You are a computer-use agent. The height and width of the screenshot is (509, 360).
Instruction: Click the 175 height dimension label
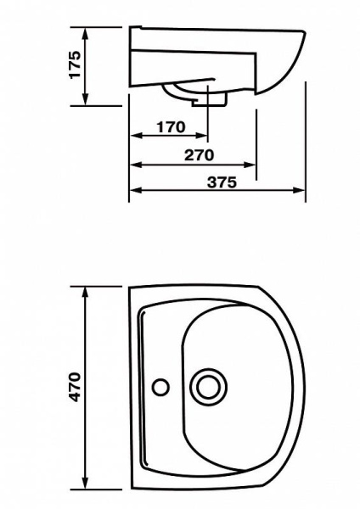pos(75,64)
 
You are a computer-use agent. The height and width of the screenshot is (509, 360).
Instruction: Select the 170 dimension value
pos(171,127)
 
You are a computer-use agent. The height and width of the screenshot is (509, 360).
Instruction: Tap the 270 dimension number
pos(200,155)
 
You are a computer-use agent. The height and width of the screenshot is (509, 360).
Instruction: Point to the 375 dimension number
pos(222,182)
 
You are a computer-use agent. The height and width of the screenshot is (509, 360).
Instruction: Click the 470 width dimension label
pos(75,388)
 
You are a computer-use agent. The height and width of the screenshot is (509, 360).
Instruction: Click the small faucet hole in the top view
pos(160,388)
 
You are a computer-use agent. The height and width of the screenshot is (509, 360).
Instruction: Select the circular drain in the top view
pos(208,387)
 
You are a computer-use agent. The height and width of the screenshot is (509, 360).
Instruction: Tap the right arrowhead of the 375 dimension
pos(299,190)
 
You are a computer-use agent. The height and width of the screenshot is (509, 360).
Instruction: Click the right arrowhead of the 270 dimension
pos(250,165)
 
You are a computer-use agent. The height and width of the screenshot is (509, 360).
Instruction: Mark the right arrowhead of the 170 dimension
pos(200,136)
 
